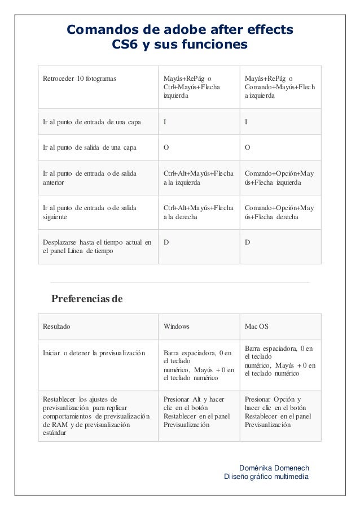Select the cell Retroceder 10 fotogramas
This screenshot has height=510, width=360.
[80, 78]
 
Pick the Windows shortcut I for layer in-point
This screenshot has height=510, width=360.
[165, 121]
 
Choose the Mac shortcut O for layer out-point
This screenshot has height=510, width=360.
[247, 147]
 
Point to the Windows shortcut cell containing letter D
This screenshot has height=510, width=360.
[165, 242]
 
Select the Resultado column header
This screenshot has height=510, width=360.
[58, 326]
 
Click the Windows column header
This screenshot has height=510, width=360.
[177, 326]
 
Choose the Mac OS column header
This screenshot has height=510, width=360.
[257, 326]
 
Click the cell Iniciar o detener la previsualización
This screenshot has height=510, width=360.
[94, 354]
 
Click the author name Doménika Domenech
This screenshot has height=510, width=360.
[274, 468]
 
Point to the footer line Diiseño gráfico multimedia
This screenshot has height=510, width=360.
[266, 477]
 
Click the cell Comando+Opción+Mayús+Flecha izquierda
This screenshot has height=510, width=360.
[280, 178]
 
